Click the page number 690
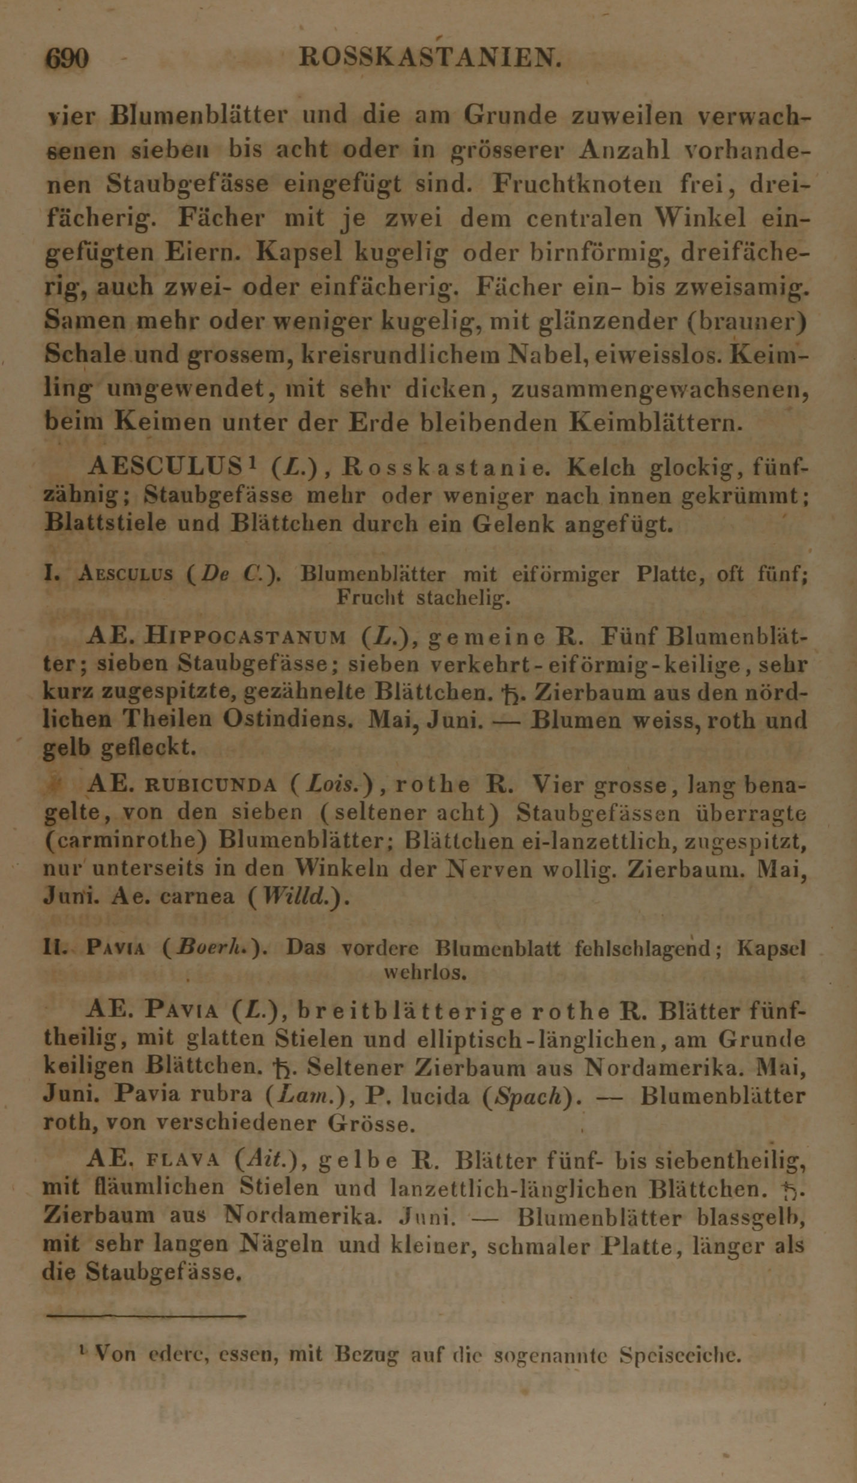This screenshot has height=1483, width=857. pos(68,59)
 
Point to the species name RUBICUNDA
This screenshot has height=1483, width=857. pos(211,785)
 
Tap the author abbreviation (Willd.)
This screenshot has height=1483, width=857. pos(298,897)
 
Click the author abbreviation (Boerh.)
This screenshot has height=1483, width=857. pos(214,948)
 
